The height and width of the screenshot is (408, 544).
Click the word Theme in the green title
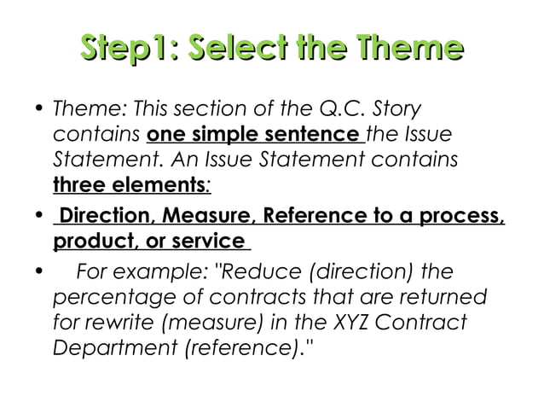tap(412, 49)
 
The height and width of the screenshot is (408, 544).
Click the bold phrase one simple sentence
tap(252, 136)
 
